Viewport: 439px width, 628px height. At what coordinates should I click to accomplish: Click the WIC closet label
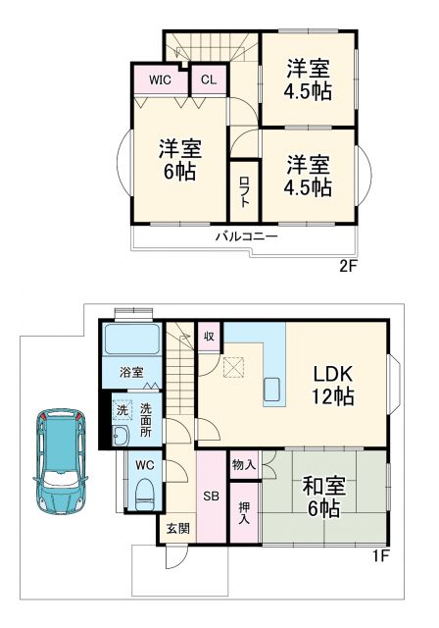[x=162, y=79]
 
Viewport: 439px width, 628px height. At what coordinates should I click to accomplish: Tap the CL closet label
[x=209, y=79]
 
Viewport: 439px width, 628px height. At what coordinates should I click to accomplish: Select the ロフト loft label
[x=244, y=189]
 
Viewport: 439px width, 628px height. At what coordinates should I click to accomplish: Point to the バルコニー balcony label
[x=246, y=236]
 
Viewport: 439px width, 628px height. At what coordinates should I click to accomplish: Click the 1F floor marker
[x=381, y=556]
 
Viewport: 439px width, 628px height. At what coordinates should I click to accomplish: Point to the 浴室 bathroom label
[x=131, y=373]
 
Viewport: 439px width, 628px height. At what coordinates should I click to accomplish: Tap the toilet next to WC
[x=144, y=490]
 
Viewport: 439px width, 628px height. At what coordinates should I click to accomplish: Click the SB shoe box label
[x=209, y=495]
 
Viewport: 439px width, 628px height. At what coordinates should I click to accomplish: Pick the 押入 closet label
[x=245, y=514]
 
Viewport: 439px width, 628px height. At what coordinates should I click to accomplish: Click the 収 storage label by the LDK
[x=210, y=335]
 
